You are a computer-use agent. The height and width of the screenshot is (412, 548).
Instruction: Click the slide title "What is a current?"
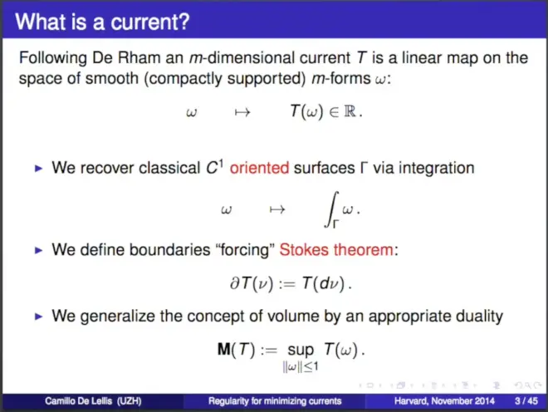click(x=102, y=22)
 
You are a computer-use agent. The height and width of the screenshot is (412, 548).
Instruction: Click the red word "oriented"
click(x=259, y=169)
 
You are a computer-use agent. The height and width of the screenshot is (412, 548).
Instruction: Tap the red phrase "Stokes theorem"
click(x=336, y=250)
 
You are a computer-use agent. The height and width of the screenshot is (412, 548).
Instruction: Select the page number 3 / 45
click(x=526, y=401)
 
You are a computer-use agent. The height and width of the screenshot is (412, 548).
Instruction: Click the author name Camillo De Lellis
click(x=78, y=401)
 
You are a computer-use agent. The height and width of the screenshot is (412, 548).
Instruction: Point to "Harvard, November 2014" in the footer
click(x=444, y=401)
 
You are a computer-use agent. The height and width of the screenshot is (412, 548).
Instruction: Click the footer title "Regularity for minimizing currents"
click(x=275, y=401)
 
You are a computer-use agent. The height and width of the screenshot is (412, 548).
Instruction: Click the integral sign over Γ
click(x=331, y=209)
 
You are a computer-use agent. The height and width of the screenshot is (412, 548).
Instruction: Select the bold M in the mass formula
click(x=223, y=349)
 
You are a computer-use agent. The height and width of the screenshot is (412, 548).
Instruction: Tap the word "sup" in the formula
click(x=301, y=351)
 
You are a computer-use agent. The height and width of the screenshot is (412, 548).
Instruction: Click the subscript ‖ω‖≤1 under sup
click(x=301, y=366)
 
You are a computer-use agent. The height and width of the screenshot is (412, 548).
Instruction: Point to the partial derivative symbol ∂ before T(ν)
click(x=234, y=283)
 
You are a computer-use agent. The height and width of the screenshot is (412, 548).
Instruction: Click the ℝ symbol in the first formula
click(x=350, y=111)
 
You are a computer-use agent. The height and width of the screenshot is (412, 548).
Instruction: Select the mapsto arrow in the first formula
click(x=242, y=112)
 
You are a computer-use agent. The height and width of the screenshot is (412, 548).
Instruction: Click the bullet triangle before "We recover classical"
click(x=38, y=169)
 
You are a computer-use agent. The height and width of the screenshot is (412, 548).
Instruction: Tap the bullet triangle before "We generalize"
click(x=38, y=316)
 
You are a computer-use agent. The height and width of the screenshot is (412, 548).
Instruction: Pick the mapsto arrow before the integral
click(x=277, y=210)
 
